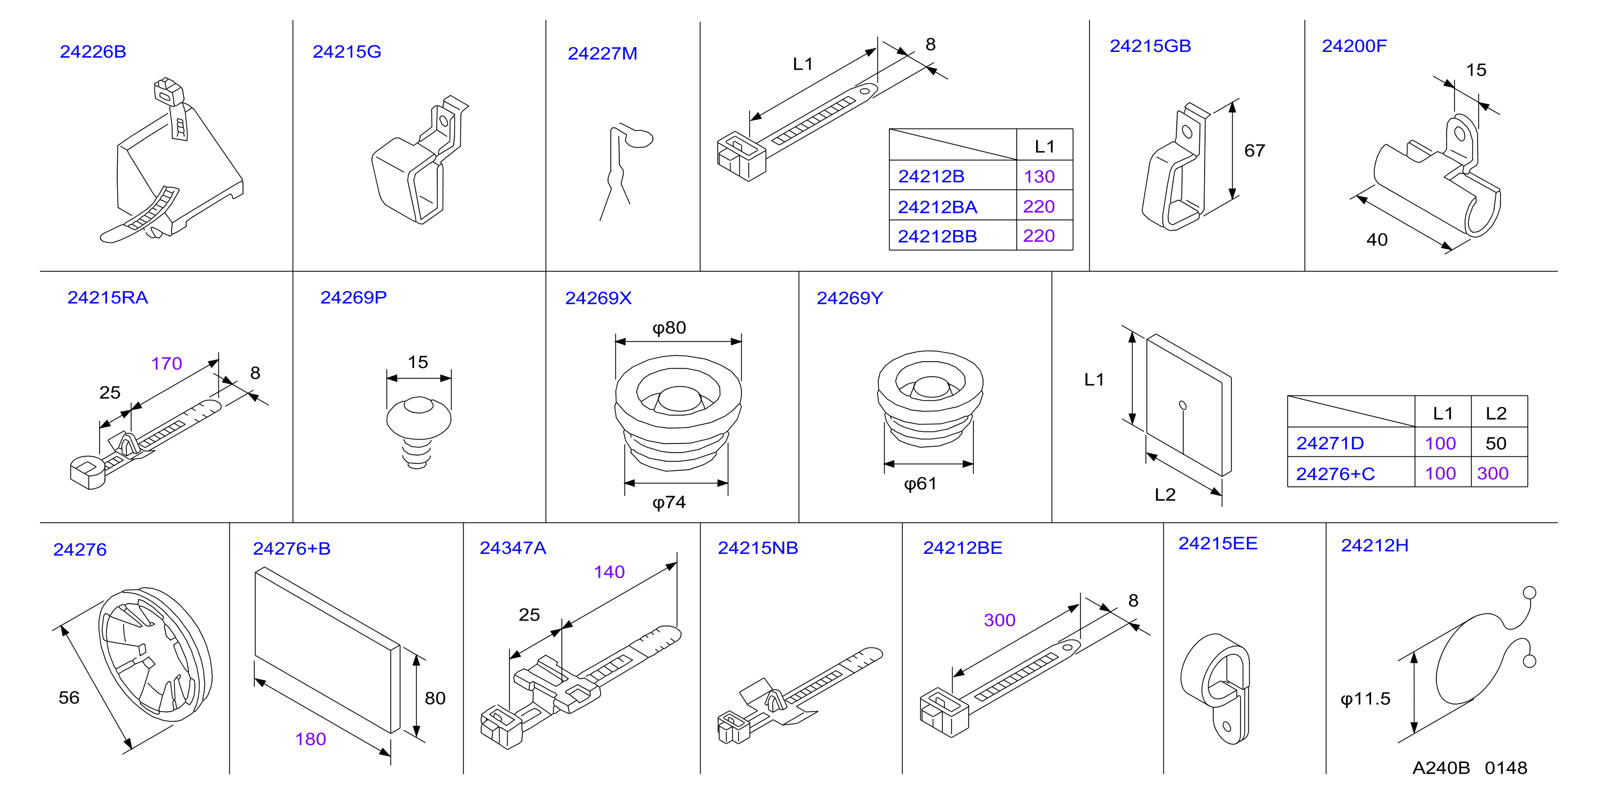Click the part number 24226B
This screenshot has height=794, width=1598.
click(x=93, y=51)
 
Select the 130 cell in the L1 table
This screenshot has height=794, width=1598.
click(x=1039, y=177)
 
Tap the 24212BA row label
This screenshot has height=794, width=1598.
click(x=937, y=207)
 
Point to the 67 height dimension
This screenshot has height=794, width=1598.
click(x=1254, y=151)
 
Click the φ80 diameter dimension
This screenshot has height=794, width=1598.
click(x=669, y=327)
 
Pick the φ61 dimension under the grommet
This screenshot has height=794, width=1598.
click(x=920, y=484)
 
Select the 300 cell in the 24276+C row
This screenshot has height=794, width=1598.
click(x=1493, y=474)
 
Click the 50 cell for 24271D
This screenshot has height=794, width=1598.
click(x=1496, y=444)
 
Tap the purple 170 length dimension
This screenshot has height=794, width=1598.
click(x=167, y=363)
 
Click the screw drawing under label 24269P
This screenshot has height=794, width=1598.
click(x=418, y=432)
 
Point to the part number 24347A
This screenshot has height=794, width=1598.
click(x=513, y=548)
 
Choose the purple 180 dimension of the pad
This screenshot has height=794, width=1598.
click(x=311, y=739)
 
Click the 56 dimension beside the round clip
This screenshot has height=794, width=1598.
click(x=69, y=697)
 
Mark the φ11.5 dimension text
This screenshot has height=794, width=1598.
click(x=1366, y=699)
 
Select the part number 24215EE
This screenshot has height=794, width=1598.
click(x=1217, y=544)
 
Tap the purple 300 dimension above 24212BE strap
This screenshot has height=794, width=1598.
click(x=999, y=620)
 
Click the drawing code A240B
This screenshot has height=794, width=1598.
click(x=1441, y=768)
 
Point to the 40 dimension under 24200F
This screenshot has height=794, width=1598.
click(x=1376, y=240)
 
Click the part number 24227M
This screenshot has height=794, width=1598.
click(x=603, y=54)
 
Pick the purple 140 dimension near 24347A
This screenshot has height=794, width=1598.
click(x=609, y=572)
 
